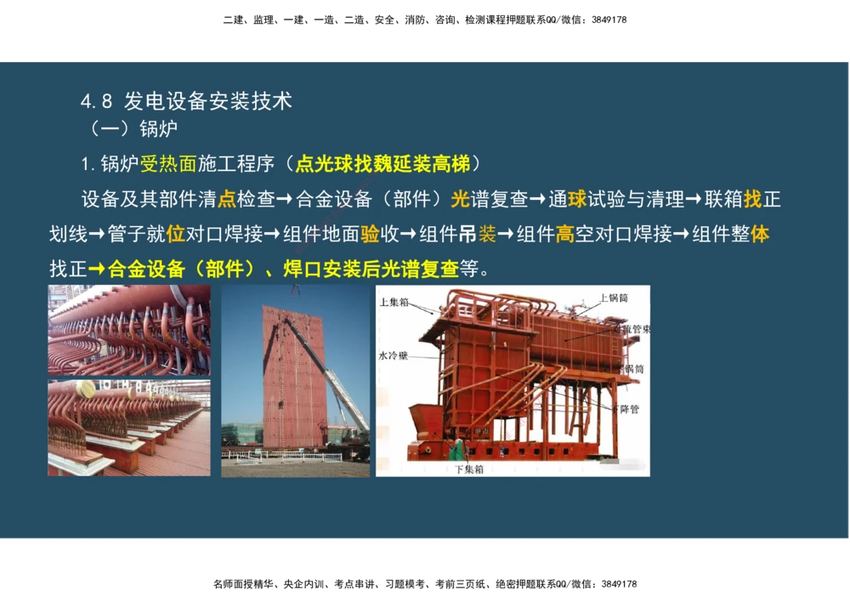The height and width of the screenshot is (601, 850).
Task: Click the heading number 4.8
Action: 96,101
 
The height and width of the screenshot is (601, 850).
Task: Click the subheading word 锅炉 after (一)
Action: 159,129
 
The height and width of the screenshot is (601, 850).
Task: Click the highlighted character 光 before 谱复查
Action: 460,200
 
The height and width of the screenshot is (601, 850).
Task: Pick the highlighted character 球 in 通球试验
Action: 577,200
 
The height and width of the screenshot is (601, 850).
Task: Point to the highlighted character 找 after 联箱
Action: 753,200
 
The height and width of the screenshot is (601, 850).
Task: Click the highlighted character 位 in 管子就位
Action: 176,234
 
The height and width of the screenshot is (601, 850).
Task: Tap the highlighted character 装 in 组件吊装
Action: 487,234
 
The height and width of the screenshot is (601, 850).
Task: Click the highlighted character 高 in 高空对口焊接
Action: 565,234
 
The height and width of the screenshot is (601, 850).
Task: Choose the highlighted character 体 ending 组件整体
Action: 760,234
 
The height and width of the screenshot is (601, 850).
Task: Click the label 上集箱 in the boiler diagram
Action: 395,302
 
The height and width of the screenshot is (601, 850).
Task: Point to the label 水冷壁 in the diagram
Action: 394,355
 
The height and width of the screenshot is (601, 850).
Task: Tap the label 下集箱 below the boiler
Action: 468,468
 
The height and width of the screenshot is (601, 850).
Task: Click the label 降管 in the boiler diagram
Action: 630,408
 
